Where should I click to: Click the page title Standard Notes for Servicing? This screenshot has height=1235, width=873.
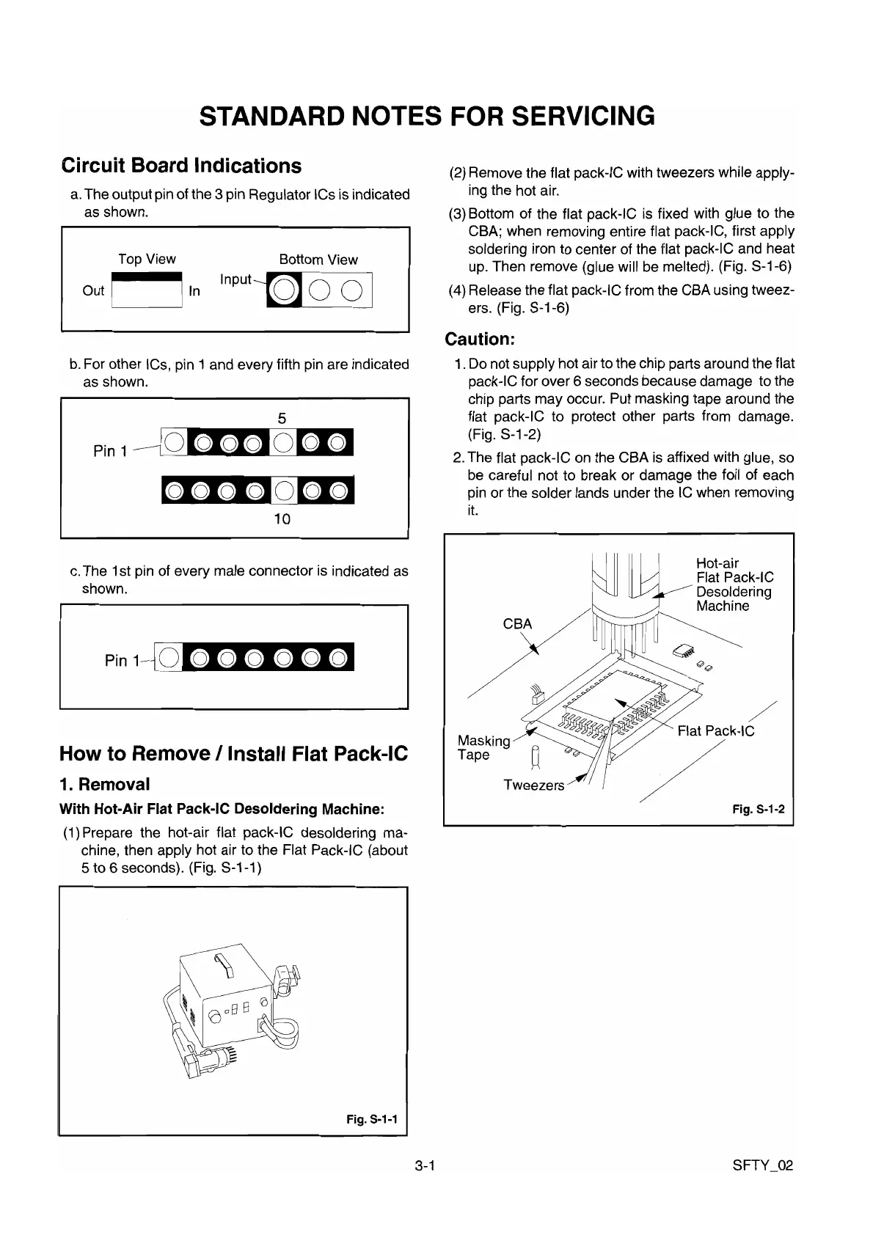427,116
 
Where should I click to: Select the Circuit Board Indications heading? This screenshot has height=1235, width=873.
181,166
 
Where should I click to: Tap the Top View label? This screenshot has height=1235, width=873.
147,259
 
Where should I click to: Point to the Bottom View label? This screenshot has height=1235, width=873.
318,260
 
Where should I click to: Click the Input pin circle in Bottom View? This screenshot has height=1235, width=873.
283,291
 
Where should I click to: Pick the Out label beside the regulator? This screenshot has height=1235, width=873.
93,291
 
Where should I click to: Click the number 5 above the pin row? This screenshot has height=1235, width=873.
282,418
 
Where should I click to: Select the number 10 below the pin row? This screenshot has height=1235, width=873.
282,519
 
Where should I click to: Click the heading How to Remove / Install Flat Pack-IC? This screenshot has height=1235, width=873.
233,754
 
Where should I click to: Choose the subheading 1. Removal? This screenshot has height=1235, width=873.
104,784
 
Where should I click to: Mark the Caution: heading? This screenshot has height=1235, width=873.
481,340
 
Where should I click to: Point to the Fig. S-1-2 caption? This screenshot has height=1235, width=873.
759,809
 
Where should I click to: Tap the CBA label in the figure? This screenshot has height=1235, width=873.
517,624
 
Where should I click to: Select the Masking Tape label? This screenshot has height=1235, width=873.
483,747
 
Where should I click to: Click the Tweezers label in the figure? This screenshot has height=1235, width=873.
534,785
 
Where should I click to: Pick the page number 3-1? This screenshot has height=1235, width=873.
425,1166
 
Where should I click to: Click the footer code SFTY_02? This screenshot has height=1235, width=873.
763,1166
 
